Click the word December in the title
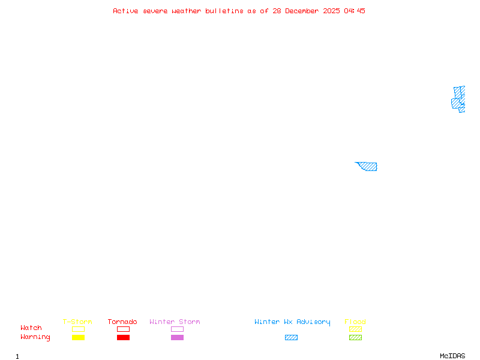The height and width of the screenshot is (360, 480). [x=302, y=11]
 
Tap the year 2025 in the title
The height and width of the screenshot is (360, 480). [x=331, y=11]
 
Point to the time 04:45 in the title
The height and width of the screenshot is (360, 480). [x=355, y=11]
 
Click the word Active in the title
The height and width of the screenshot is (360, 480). [x=125, y=11]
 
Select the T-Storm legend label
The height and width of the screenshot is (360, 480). [x=77, y=322]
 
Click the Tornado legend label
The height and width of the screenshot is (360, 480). [x=122, y=322]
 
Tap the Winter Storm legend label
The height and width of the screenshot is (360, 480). [x=175, y=322]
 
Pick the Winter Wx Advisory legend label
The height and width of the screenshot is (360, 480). [x=292, y=322]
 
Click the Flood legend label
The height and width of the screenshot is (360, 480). [x=355, y=322]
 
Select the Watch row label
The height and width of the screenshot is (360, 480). [x=31, y=328]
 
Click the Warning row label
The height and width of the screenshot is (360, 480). [x=35, y=337]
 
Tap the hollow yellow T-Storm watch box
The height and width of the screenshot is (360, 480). [x=79, y=329]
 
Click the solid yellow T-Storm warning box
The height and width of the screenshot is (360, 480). [x=79, y=337]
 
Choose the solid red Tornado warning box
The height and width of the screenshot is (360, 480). [x=124, y=337]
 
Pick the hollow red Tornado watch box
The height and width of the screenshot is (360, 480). [x=124, y=329]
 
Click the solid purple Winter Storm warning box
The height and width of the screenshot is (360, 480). [x=177, y=337]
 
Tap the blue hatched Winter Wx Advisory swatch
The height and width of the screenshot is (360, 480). [x=291, y=337]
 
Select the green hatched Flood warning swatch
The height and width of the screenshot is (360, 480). [x=355, y=337]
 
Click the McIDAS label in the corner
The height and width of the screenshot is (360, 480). [x=452, y=356]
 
